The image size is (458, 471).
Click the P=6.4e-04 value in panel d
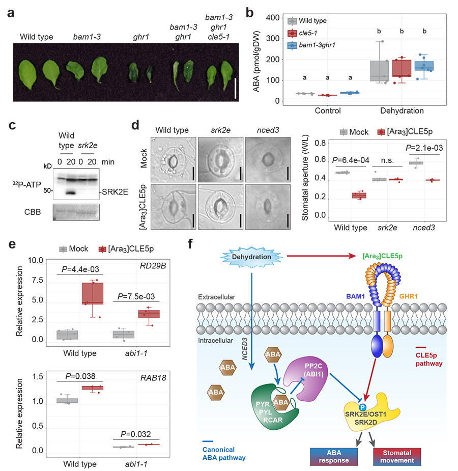pyautogui.click(x=350, y=160)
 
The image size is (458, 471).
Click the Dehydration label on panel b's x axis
pyautogui.click(x=405, y=109)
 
